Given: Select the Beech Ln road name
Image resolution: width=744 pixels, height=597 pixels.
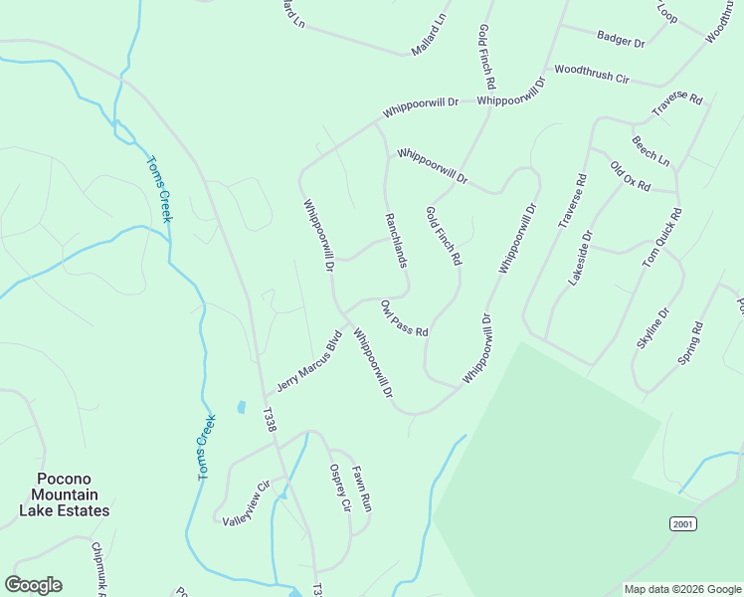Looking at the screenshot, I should click(651, 150).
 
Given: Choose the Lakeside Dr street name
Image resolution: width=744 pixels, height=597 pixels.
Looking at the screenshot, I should click(580, 259).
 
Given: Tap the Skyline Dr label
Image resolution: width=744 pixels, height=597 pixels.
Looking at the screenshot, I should click(653, 327).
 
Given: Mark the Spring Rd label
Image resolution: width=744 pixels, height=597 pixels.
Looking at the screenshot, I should click(690, 341).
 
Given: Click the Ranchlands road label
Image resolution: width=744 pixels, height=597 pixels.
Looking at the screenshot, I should click(396, 239).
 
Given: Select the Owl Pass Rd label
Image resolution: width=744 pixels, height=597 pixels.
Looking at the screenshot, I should click(404, 317).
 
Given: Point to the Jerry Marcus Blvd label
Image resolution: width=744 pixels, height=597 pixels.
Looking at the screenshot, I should click(309, 360).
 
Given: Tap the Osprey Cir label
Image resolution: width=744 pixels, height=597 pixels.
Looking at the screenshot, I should click(340, 488).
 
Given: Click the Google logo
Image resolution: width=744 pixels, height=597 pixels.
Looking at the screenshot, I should click(33, 584).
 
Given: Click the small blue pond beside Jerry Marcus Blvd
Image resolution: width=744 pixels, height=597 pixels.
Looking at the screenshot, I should click(241, 408).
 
